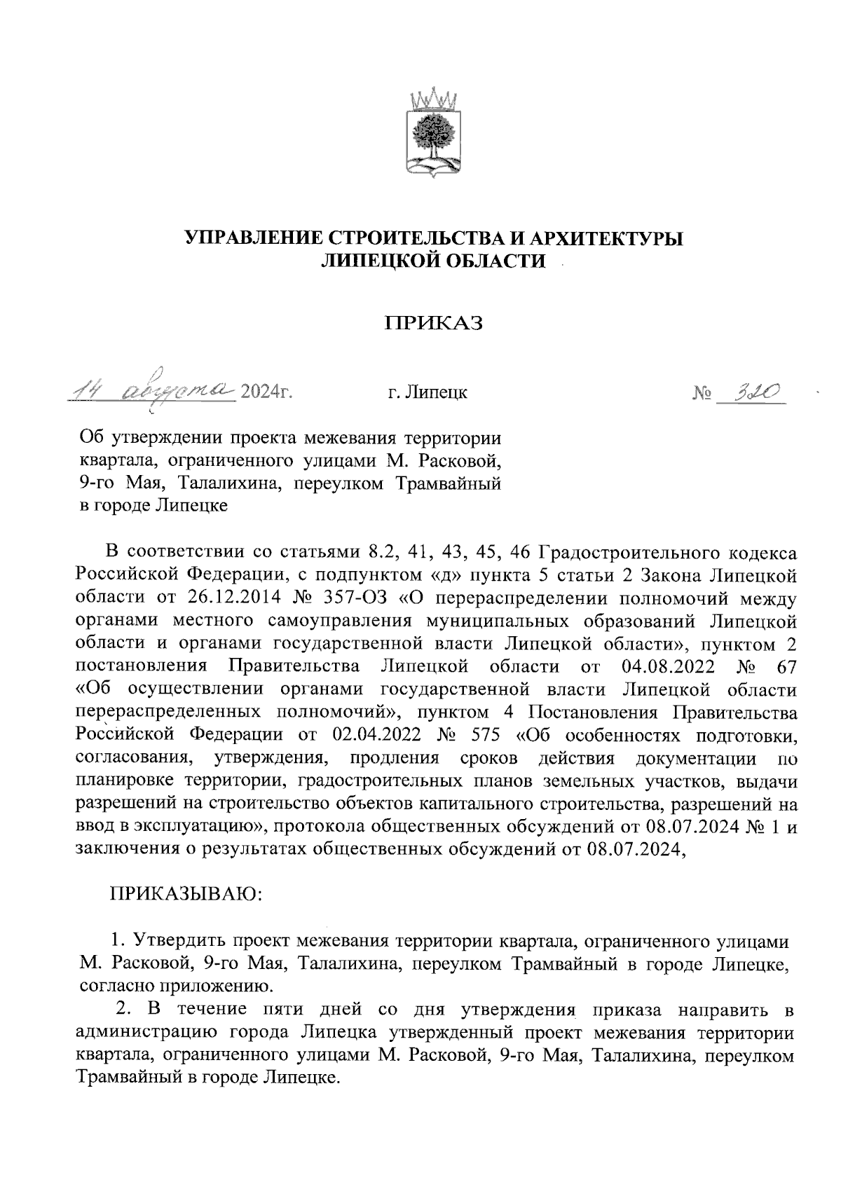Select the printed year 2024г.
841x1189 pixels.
click(265, 392)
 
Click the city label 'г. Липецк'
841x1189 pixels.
click(428, 392)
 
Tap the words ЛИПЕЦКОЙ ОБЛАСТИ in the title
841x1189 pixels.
click(432, 261)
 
